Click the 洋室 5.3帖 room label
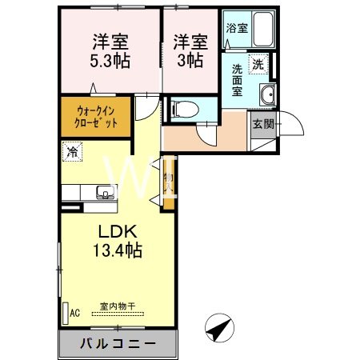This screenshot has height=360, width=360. click(x=111, y=50)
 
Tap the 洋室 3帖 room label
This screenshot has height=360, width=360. click(x=190, y=50)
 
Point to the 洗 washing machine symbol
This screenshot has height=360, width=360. click(x=258, y=63)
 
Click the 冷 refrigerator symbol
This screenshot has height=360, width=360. click(x=73, y=150)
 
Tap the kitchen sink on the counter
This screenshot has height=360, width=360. click(x=104, y=192)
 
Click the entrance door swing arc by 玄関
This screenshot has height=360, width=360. click(x=289, y=126)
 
